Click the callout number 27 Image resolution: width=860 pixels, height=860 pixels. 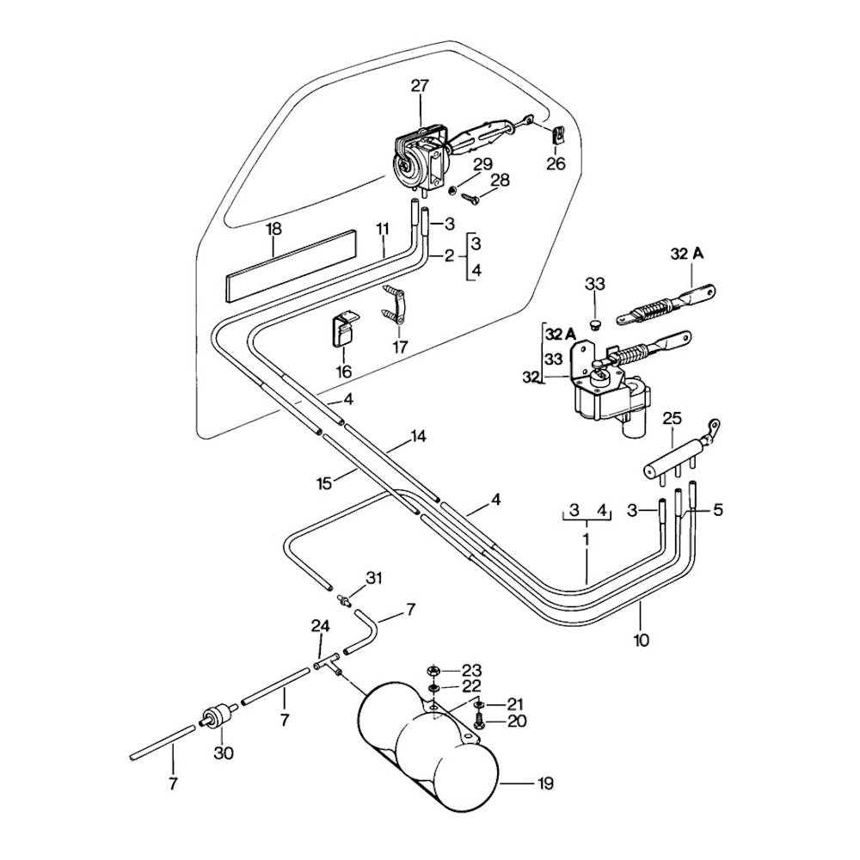point(420,86)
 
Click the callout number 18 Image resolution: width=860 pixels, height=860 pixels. point(273,230)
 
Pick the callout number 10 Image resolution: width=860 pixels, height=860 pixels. point(641,639)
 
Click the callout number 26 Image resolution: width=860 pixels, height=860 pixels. point(556,163)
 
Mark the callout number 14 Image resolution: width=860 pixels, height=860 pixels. point(418,436)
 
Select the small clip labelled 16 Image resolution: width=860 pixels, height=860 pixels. point(344,332)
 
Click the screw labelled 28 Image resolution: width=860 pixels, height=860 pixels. point(470,198)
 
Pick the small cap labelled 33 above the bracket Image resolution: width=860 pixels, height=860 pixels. point(593,323)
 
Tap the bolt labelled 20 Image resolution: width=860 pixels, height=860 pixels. point(480,719)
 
